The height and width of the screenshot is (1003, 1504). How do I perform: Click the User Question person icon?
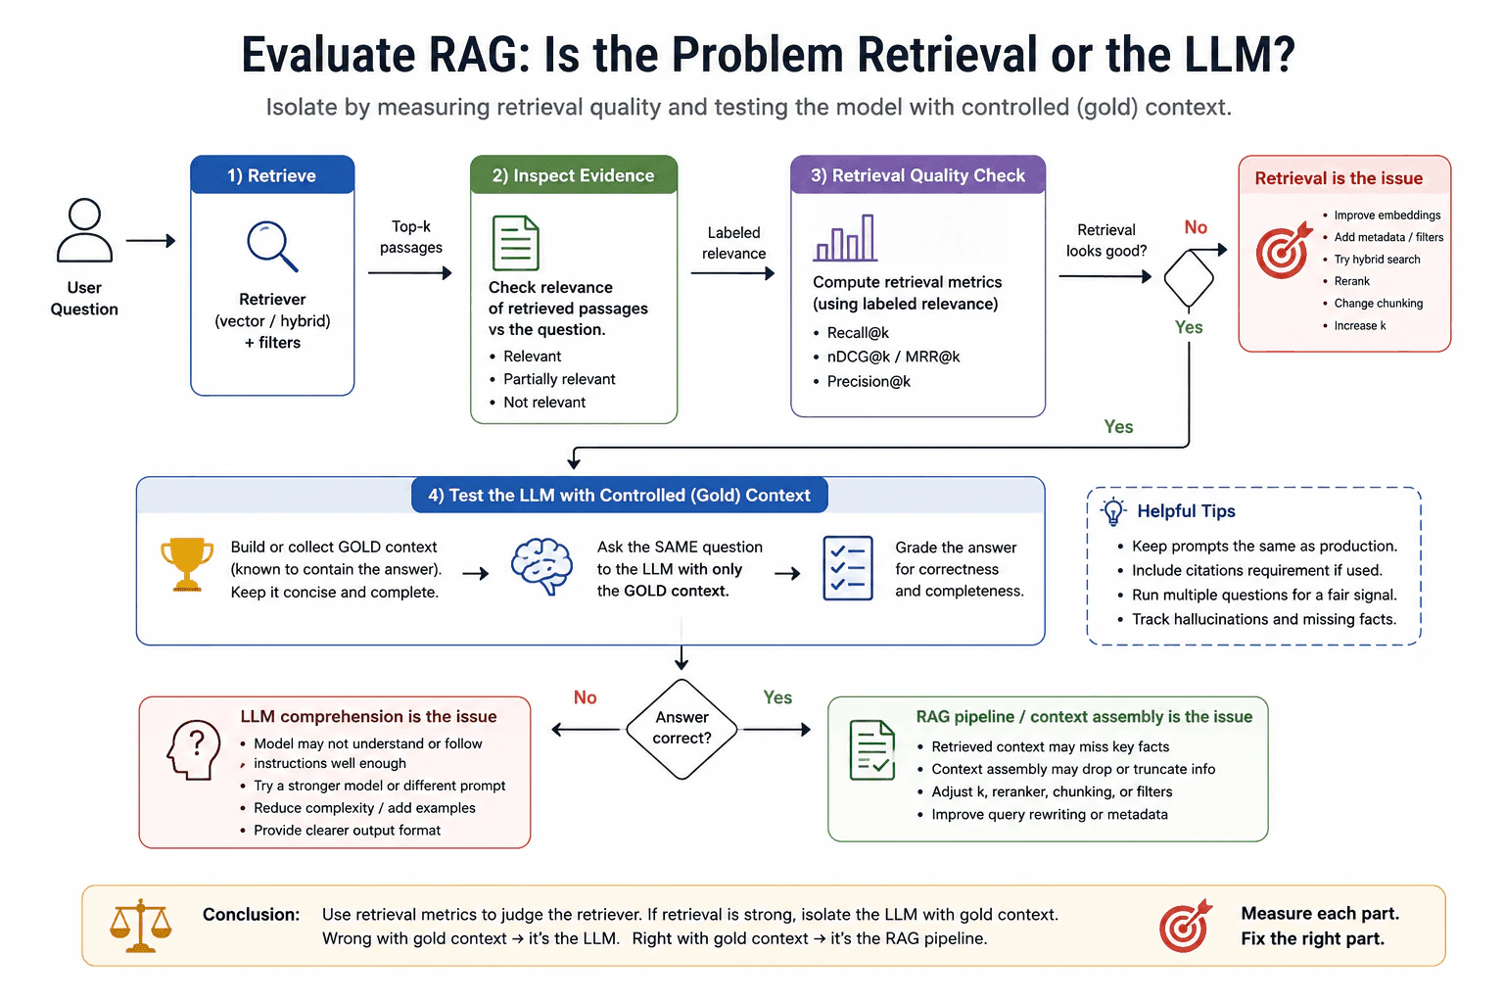84,230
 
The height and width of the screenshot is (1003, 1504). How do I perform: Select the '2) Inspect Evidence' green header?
574,175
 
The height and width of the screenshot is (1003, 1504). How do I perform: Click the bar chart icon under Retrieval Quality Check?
845,238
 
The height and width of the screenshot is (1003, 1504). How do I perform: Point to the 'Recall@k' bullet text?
858,333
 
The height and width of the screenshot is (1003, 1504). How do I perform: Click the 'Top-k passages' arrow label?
411,236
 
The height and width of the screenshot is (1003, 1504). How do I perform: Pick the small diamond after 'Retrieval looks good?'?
1189,278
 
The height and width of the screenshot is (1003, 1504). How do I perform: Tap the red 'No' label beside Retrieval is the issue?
1196,227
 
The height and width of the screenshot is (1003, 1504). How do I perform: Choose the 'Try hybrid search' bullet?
1377,260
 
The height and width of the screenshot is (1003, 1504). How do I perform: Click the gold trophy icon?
187,564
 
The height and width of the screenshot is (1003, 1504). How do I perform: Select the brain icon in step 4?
541,566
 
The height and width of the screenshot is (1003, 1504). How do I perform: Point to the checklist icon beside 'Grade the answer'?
848,568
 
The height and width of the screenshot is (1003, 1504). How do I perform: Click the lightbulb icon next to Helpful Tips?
1113,511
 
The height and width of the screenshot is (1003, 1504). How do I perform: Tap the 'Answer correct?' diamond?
681,729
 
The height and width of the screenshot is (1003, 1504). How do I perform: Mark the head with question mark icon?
193,749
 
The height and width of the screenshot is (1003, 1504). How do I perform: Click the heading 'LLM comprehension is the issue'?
368,716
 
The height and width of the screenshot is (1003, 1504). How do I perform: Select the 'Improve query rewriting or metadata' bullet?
1049,814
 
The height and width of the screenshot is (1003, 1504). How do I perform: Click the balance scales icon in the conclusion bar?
141,926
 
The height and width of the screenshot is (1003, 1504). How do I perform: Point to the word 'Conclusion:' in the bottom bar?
251,914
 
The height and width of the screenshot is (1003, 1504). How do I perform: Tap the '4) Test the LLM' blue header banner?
619,495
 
